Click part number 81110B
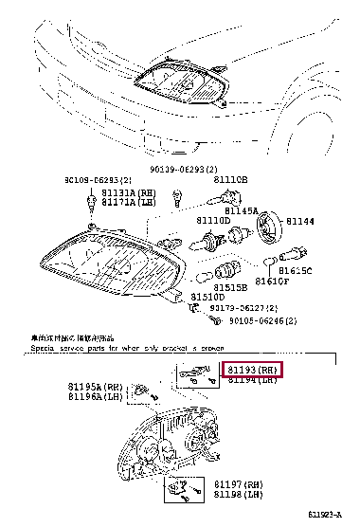(230, 178)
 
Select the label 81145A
(241, 211)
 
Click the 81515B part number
(229, 286)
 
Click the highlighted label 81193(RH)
(253, 369)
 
